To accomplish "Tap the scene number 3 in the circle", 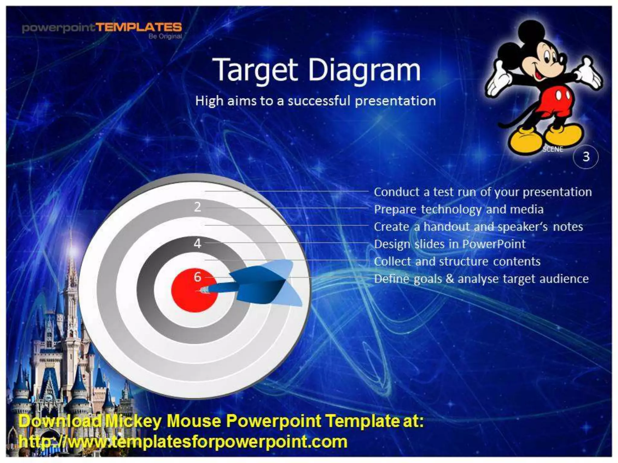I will pos(586,156).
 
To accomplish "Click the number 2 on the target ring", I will pos(197,207).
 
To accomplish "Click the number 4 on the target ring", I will pos(197,243).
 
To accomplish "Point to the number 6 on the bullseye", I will pos(197,277).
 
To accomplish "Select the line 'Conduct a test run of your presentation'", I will pos(483,192).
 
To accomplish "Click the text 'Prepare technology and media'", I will pos(458,209).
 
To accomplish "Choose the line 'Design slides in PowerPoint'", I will pos(450,244).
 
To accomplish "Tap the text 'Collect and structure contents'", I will pos(457,261).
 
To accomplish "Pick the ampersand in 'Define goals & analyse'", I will pos(450,279).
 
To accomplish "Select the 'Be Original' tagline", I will pos(165,36).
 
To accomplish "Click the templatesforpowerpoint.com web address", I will pos(183,442).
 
